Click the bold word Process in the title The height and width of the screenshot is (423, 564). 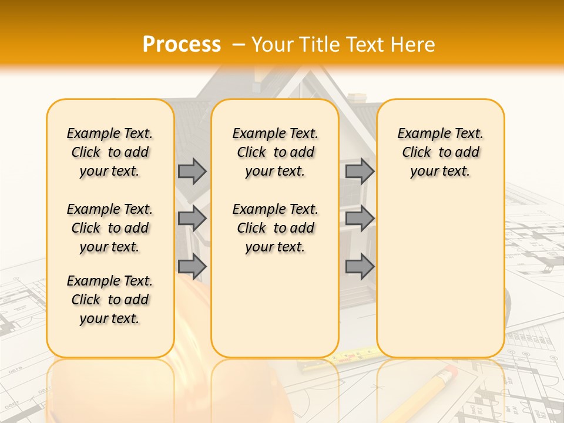point(182,45)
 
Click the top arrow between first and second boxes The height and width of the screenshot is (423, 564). point(192,171)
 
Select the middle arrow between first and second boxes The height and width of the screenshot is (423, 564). point(192,219)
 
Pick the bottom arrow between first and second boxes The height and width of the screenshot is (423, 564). point(192,266)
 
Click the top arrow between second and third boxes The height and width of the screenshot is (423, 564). point(360,171)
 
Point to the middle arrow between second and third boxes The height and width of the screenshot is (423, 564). point(360,219)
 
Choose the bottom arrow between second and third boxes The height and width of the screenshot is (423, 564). point(360,266)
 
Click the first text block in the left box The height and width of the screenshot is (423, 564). point(110,152)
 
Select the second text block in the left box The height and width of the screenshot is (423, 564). point(110,228)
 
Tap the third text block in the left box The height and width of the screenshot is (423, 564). point(110,300)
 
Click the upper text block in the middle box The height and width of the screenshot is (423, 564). point(275,152)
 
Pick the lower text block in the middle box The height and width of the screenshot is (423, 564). point(275,228)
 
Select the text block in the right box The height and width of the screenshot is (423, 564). point(440,152)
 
